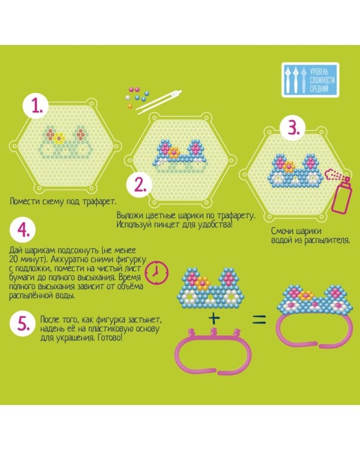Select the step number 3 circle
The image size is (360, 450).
(x=293, y=128)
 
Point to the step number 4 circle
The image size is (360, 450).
(x=23, y=230)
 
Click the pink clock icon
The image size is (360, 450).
(x=157, y=272)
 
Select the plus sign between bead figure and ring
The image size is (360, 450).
(x=214, y=318)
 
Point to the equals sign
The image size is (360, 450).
(x=259, y=319)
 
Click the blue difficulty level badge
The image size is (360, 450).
(x=310, y=80)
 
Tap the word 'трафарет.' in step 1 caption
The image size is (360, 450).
(x=100, y=202)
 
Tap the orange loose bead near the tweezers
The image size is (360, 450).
(x=130, y=106)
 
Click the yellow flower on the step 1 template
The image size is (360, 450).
(x=59, y=138)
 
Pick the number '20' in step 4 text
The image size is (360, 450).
(x=14, y=259)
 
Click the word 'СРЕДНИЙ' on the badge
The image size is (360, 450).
(x=319, y=89)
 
